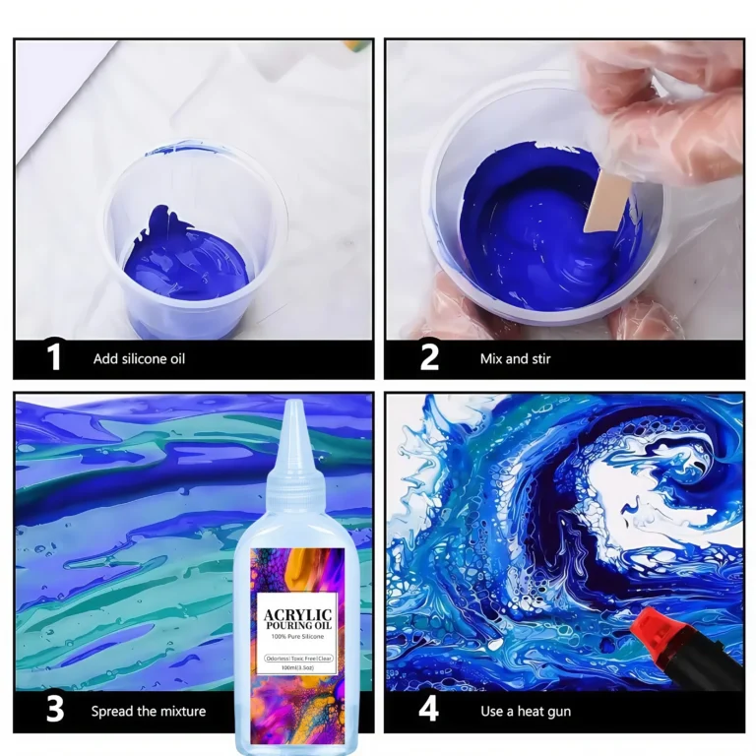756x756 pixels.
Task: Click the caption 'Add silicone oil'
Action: (139, 359)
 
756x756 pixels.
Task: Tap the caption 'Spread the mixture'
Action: (149, 711)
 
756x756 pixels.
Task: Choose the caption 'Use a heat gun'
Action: (526, 711)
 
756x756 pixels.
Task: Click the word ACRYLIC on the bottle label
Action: (295, 615)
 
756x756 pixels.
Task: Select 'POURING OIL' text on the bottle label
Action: (295, 627)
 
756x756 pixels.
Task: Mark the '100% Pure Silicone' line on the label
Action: (295, 639)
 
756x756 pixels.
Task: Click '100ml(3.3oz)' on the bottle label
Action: (295, 666)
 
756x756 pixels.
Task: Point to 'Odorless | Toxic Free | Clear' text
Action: (295, 656)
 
